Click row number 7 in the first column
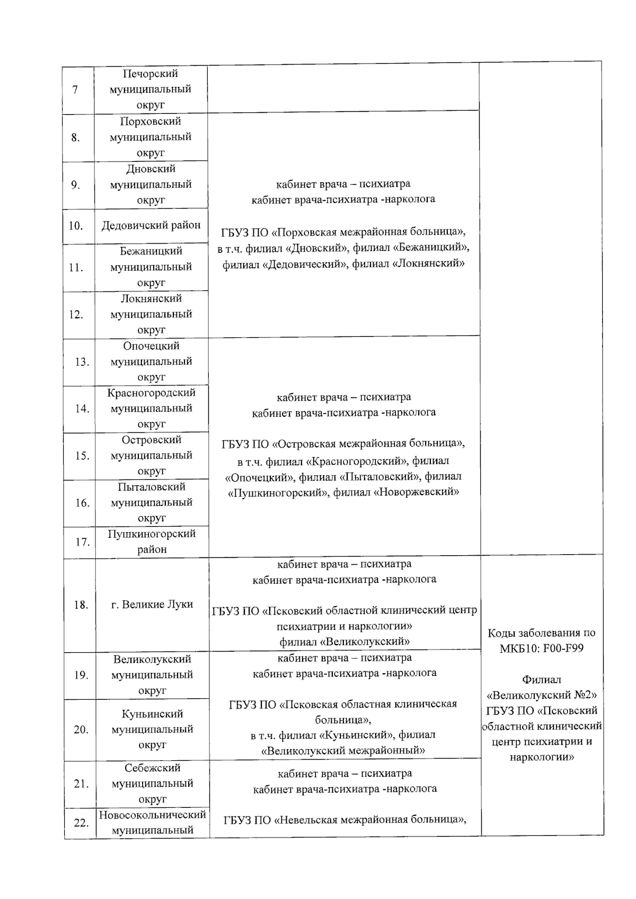(75, 90)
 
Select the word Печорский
(151, 74)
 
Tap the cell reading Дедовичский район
(151, 225)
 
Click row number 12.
(76, 315)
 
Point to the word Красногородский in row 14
(151, 393)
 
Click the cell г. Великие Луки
(152, 604)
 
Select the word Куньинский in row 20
(152, 714)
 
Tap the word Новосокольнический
(152, 815)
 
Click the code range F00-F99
(563, 648)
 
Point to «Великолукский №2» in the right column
(542, 695)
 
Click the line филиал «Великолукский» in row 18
(344, 642)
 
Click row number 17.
(82, 542)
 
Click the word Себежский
(153, 768)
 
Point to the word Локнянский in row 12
(151, 299)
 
